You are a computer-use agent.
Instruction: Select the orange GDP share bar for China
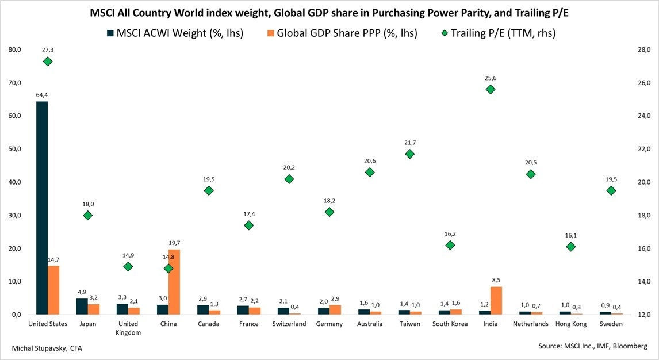coord(174,282)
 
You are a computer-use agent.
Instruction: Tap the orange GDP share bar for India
coord(496,300)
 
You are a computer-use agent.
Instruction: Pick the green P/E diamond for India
coord(491,89)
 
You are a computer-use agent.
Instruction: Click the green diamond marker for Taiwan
coord(410,154)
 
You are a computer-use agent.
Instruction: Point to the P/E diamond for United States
coord(48,62)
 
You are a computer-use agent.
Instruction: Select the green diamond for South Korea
coord(450,245)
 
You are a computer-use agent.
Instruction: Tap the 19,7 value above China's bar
coord(174,243)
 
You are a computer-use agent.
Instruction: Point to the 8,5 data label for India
coord(496,281)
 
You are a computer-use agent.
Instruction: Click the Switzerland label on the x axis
coord(289,324)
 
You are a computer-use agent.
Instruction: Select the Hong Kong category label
coord(571,324)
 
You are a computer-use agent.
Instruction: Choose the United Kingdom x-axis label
coord(128,328)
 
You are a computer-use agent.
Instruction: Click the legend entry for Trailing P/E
coord(497,33)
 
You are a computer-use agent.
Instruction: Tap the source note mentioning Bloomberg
coord(593,346)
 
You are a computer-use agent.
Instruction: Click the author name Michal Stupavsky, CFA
coord(47,348)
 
